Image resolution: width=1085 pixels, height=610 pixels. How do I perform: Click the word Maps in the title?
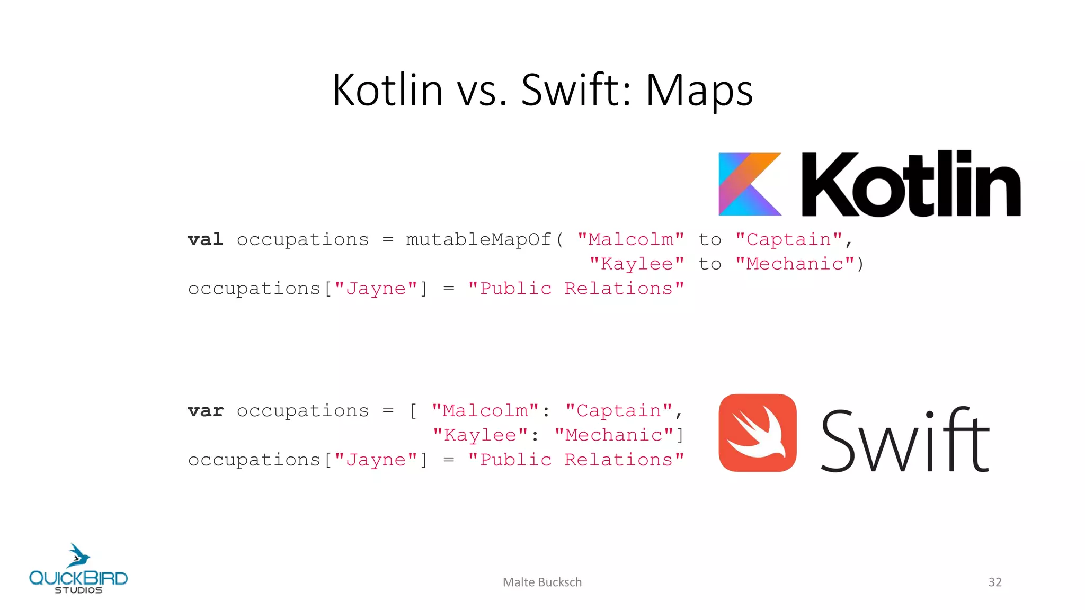699,90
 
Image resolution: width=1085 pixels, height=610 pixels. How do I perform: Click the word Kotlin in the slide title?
387,90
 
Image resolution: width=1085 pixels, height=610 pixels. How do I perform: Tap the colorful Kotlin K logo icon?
750,184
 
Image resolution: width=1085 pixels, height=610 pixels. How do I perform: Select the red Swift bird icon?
758,433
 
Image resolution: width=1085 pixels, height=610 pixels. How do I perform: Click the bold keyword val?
206,239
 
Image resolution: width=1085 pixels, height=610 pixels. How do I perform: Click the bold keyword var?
206,410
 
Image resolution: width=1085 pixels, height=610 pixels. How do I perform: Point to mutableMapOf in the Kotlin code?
478,239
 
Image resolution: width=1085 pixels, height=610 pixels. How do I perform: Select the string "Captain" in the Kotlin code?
788,239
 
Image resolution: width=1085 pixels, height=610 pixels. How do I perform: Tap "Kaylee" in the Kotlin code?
637,264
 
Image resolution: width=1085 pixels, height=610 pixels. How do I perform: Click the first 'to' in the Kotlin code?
710,239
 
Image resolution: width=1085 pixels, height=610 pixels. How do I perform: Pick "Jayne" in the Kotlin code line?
376,289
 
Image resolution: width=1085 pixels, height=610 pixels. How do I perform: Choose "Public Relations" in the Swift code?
576,460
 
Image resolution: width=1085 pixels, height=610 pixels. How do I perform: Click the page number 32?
995,582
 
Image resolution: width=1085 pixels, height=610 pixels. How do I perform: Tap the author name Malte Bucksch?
542,582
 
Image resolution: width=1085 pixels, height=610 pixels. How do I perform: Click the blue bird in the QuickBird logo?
78,556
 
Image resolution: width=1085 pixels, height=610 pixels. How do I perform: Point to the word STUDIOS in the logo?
78,590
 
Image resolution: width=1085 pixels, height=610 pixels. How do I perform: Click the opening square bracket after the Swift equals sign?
413,410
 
